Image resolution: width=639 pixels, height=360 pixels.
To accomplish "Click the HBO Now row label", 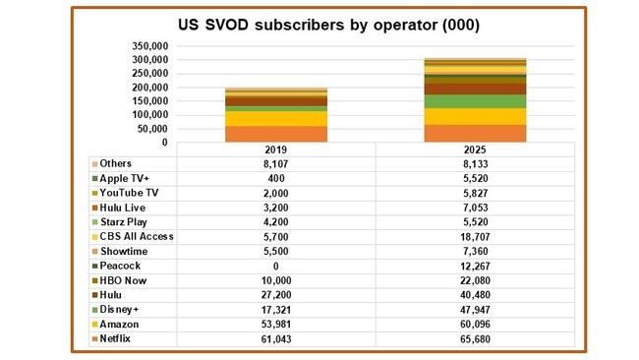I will click(123, 279).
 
